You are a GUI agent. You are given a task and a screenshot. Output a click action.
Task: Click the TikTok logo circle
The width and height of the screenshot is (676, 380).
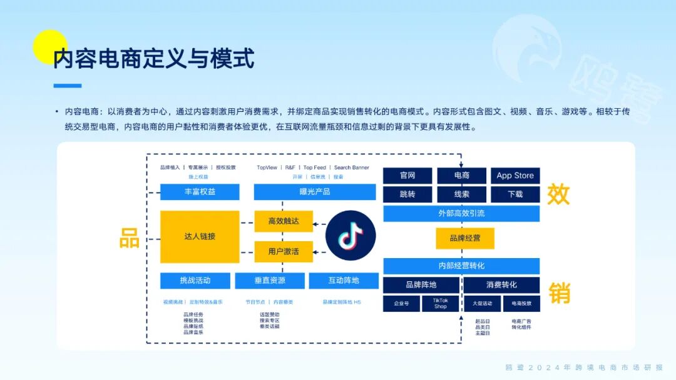point(351,236)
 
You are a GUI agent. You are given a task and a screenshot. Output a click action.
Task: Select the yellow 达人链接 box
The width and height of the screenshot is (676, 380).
point(200,236)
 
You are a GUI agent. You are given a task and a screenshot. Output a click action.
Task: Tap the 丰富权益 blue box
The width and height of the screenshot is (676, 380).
point(200,192)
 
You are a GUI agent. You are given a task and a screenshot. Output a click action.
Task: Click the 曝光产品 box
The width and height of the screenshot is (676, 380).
point(314,192)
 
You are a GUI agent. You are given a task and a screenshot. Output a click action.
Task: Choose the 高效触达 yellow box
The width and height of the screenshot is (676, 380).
point(283,221)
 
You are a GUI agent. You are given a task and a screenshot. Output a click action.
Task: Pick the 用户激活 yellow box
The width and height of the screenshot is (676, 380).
point(283,251)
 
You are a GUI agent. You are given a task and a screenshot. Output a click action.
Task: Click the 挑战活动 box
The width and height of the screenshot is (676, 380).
point(195,281)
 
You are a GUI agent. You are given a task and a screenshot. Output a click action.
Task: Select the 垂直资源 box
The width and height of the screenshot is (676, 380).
point(270,281)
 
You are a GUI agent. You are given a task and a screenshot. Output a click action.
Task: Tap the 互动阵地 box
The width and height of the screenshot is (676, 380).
point(344,281)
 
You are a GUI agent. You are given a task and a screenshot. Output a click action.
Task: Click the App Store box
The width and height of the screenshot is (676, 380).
point(515,176)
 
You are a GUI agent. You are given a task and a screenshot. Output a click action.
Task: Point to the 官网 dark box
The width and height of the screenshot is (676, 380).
point(407,176)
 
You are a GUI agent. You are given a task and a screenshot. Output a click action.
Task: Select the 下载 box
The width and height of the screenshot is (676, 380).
point(515,194)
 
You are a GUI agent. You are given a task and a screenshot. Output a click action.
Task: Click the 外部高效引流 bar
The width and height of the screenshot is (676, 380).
point(461,214)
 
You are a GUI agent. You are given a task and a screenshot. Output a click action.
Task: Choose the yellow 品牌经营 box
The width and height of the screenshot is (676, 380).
point(465,238)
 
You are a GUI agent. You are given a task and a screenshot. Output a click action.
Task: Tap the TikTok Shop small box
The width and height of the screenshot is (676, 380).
point(441,304)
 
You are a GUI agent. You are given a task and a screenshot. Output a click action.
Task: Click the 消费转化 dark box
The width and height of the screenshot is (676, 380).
point(501,285)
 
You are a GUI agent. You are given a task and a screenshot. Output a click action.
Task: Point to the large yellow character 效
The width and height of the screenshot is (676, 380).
point(558,194)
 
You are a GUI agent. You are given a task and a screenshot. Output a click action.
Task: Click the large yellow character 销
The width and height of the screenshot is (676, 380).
point(559,292)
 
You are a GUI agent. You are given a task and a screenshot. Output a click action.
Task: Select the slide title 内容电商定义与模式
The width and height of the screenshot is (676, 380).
point(154,59)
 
